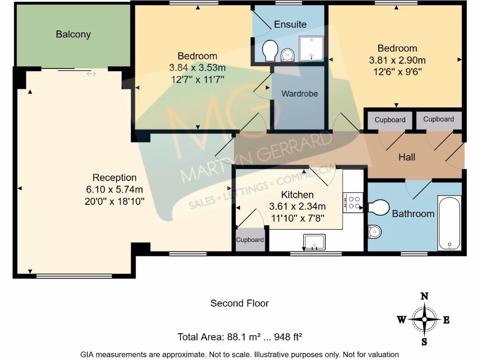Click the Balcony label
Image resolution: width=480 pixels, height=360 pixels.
[x=73, y=34]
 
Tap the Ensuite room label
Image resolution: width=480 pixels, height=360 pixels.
[x=290, y=24]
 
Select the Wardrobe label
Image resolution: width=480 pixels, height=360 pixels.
[x=300, y=94]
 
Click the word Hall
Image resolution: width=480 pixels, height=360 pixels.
[x=406, y=157]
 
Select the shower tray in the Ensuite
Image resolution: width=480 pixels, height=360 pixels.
[x=311, y=48]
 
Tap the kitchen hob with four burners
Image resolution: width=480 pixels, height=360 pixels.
[x=352, y=202]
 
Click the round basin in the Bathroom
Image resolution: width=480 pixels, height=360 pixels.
[x=374, y=231]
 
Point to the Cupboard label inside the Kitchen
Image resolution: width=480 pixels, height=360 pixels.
[x=250, y=240]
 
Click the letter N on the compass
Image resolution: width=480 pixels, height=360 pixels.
[x=424, y=296]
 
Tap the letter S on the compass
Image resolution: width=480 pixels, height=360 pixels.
[x=424, y=342]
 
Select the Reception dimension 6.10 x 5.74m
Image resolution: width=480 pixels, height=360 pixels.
[x=114, y=189]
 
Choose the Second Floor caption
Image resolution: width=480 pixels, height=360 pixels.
[x=240, y=303]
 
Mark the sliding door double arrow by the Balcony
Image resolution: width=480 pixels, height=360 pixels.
[x=91, y=74]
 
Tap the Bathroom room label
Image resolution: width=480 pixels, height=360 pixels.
[x=413, y=214]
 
